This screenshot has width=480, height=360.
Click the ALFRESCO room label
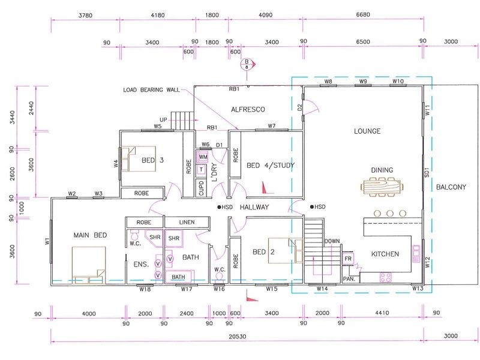pos(248,109)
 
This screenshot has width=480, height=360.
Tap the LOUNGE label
pos(367,131)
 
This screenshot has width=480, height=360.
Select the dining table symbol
pos(382,187)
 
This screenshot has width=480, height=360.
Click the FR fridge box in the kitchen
pos(348,259)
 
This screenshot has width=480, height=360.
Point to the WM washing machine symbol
pos(203,157)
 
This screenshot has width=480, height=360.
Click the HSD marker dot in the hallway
pos(219,207)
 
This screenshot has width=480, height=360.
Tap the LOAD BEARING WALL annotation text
pos(151,89)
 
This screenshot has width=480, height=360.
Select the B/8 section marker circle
pos(247,64)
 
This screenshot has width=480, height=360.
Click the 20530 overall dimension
pos(237,337)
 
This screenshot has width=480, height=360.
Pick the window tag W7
pos(272,125)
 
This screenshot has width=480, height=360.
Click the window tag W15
pos(272,289)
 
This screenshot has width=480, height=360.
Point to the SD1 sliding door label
pos(427,172)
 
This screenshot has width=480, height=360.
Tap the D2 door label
pos(299,107)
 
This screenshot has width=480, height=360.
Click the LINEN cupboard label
pos(187,222)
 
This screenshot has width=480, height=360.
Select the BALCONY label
pos(451,187)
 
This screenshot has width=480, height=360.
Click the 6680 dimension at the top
pos(363,14)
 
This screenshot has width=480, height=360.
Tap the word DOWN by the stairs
pos(332,241)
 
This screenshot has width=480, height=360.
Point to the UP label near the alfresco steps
pos(163,119)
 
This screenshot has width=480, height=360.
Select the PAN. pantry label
pos(349,279)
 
